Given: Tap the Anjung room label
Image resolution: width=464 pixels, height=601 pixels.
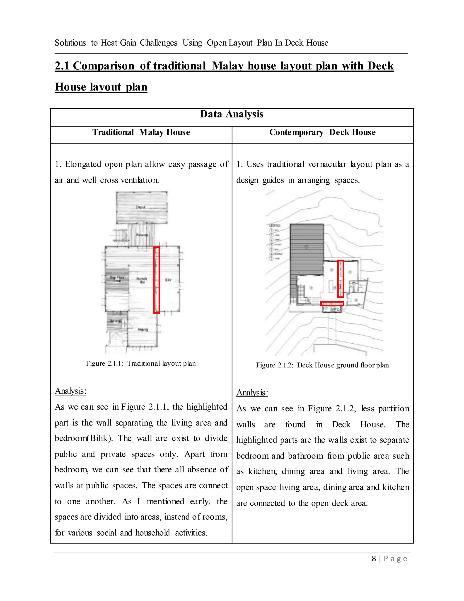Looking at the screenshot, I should [x=143, y=329].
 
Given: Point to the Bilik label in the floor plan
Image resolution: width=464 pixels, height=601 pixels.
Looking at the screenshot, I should [x=168, y=280].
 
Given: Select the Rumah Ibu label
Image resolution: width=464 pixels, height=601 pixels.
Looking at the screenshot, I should [x=142, y=280].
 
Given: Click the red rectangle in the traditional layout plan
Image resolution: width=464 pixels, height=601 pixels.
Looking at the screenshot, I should [x=156, y=280].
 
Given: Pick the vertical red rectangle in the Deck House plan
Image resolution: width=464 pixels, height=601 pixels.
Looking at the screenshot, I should [x=341, y=279].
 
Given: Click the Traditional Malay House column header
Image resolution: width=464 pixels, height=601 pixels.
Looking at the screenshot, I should [x=141, y=132].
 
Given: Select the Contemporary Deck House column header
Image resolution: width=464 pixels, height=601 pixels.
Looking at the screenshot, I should [x=322, y=132].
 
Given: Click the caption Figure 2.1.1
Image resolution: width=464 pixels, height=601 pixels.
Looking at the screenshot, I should [x=141, y=364].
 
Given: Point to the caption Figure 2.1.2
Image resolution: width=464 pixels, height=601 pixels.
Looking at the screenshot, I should [x=322, y=365].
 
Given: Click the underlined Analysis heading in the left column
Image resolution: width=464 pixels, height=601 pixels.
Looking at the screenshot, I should [x=70, y=391].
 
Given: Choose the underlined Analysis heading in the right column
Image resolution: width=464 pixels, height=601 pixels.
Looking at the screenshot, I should [x=252, y=392].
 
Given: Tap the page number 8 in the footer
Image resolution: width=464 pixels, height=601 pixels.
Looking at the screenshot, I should [x=374, y=559].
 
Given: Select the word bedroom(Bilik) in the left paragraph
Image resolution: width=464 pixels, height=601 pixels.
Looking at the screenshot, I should [x=84, y=438].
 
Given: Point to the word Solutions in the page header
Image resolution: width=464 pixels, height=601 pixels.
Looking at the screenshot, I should [x=70, y=43].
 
